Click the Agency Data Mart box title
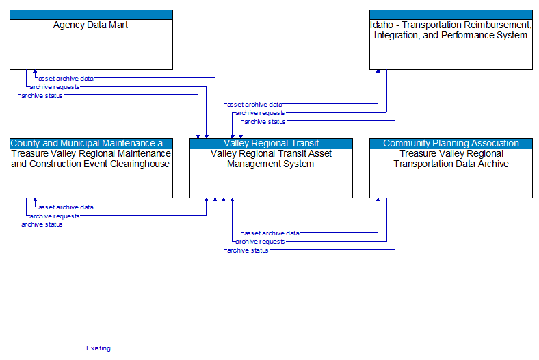coord(91,25)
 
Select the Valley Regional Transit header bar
coord(271,143)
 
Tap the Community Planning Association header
coord(451,143)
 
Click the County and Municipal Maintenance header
coord(91,143)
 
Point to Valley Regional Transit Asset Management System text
coord(271,159)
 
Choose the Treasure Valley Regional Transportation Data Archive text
coord(451,159)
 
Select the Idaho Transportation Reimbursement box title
coord(451,30)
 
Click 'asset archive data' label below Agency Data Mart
coord(66,78)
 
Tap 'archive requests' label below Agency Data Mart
coord(54,87)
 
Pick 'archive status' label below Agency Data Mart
coord(42,96)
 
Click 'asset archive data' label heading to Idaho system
coord(254,105)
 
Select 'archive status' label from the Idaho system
coord(265,122)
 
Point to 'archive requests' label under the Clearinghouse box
coord(54,216)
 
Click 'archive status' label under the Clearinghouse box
coord(42,224)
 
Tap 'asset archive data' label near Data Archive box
coord(272,233)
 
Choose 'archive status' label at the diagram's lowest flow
coord(248,250)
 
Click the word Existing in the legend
coord(98,348)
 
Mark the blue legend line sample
coord(43,348)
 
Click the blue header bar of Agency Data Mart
coord(91,14)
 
